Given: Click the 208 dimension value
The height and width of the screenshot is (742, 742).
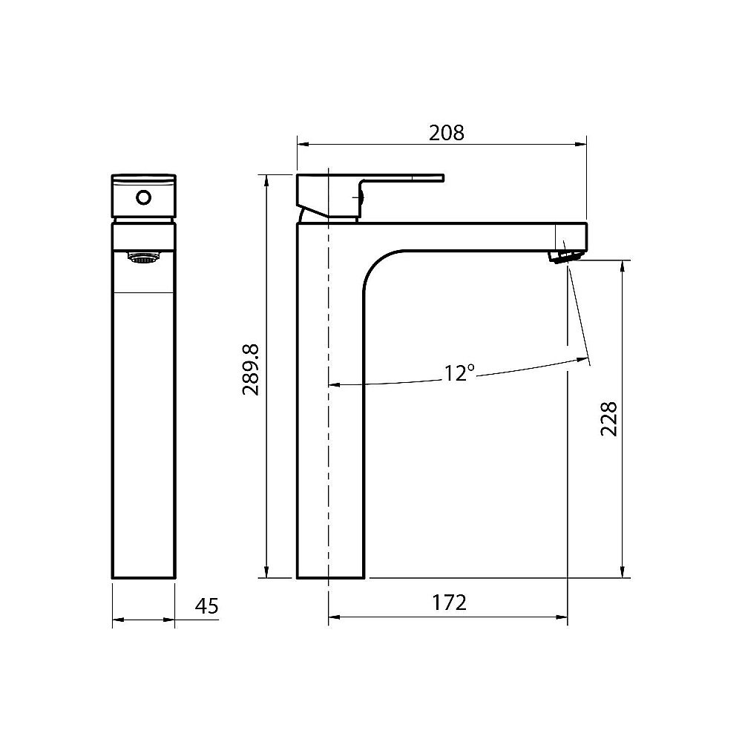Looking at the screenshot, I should coord(446,133).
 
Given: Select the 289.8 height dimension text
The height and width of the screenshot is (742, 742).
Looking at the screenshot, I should coord(251,369).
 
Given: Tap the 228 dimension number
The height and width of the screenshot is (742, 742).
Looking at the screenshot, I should coord(608,419).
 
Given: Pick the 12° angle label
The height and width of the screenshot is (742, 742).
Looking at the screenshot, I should coord(459,373).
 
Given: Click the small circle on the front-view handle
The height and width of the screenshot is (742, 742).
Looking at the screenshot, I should coord(144,198).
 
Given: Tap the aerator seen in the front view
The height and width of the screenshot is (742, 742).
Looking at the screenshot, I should coord(144,258).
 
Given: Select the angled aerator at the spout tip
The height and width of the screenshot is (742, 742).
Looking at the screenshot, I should coord(562,256).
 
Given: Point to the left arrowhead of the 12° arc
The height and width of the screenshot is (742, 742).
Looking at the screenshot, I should coord(333,385).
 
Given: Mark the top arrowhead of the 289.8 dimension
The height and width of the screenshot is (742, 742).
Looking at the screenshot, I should coord(266,179).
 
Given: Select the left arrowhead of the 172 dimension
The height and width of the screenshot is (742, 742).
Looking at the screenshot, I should coord(332,617).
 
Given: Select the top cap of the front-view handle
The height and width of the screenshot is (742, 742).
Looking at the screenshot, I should coord(144,178).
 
